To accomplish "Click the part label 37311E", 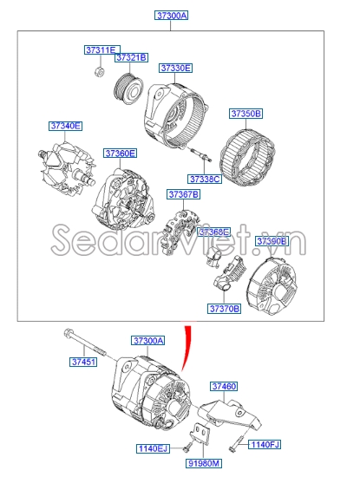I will click(102, 50).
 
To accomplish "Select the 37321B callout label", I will click(132, 57).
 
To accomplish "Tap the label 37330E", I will click(175, 68).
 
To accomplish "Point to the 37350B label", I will click(246, 114).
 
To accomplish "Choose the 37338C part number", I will click(205, 180).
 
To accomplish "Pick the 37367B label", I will click(183, 194).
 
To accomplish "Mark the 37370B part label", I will click(223, 308).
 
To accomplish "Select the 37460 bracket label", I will click(224, 386).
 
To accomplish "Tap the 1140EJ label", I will click(154, 448).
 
